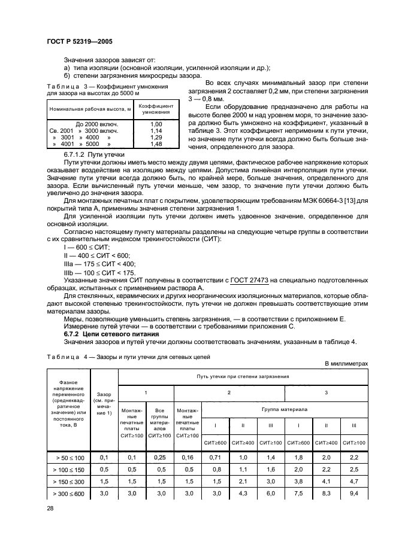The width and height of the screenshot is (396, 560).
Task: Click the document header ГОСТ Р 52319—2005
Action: (x=79, y=42)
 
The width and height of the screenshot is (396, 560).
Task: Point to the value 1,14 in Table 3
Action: (x=156, y=130)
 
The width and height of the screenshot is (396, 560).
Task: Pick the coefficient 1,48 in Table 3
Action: (x=156, y=144)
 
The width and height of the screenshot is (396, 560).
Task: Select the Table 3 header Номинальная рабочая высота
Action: (x=90, y=109)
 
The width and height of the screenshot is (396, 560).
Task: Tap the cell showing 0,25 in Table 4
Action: (x=160, y=458)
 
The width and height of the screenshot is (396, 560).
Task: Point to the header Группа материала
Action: (x=285, y=410)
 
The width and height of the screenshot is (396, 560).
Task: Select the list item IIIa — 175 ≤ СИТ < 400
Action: (x=99, y=263)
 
